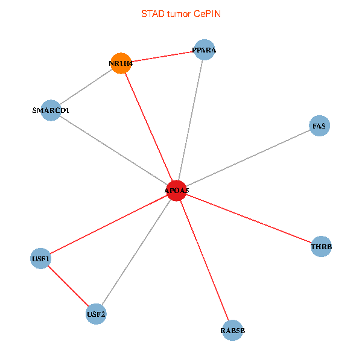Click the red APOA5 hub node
click(x=176, y=191)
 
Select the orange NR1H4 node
click(x=121, y=63)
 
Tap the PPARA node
click(x=204, y=50)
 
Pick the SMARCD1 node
click(x=51, y=110)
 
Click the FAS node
click(x=319, y=126)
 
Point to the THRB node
click(x=321, y=247)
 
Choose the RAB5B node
click(x=232, y=331)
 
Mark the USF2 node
click(x=96, y=314)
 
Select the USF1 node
click(x=40, y=259)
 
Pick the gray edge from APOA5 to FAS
click(x=247, y=159)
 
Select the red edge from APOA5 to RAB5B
click(x=204, y=261)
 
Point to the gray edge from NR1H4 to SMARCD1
click(x=86, y=86)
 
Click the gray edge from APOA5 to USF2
click(x=136, y=252)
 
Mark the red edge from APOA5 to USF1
click(x=109, y=224)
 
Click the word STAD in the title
click(x=151, y=13)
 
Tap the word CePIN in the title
click(x=207, y=13)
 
